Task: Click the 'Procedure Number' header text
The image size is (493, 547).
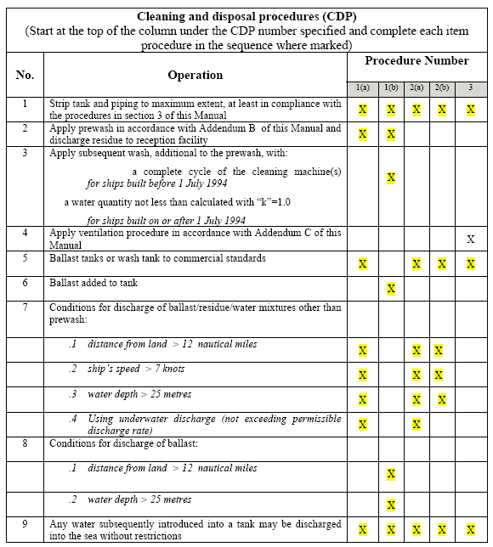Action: click(416, 61)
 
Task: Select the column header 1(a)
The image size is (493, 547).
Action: click(362, 88)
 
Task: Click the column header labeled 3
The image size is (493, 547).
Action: click(470, 88)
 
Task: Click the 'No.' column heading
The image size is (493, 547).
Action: click(25, 75)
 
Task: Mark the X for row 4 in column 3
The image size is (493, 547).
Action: click(470, 240)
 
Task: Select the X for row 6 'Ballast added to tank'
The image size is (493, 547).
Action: click(391, 289)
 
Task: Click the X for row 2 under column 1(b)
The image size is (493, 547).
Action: click(391, 134)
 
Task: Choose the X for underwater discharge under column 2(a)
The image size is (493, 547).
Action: click(416, 424)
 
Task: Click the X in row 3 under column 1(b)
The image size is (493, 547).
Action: click(391, 178)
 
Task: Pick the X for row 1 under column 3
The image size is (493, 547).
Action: click(470, 110)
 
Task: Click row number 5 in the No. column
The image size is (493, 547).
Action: click(25, 258)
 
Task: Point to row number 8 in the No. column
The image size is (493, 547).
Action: click(25, 443)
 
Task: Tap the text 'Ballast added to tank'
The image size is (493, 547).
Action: click(93, 283)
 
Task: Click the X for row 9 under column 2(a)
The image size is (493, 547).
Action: click(416, 530)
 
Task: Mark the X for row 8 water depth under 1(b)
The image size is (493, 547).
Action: click(391, 505)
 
